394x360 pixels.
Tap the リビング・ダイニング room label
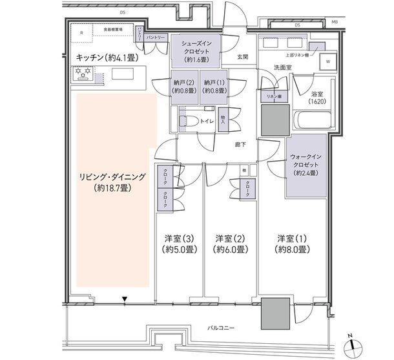(113, 182)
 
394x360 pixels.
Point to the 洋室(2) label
(229, 243)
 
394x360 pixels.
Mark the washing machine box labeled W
(328, 62)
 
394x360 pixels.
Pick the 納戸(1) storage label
(213, 87)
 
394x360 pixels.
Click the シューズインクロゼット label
(200, 50)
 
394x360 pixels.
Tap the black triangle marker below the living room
(124, 298)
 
